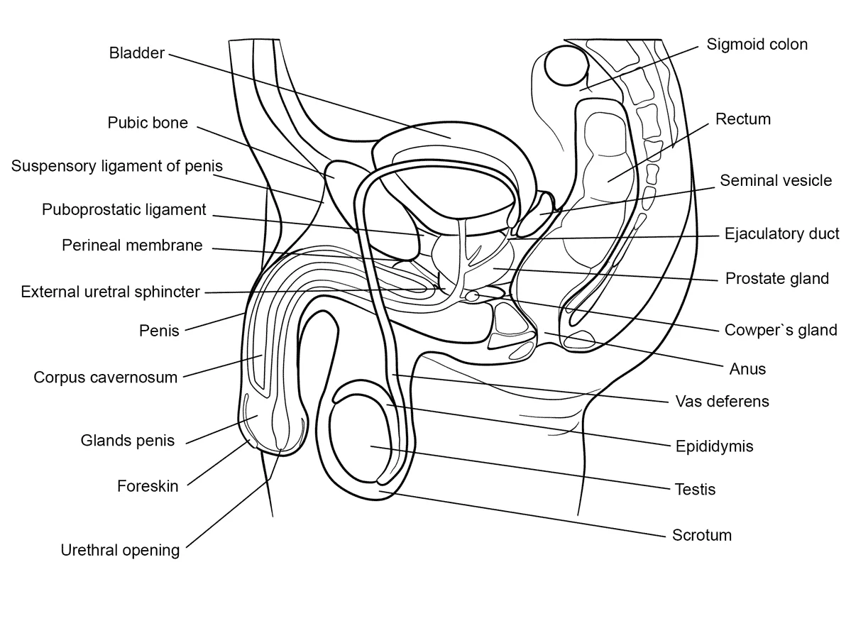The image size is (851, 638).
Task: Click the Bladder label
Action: click(x=137, y=53)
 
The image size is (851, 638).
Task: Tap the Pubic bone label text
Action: click(x=148, y=123)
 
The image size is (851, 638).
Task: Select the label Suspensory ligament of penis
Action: click(x=116, y=166)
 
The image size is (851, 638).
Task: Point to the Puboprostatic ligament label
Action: click(x=123, y=210)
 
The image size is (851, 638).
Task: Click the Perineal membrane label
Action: click(x=132, y=246)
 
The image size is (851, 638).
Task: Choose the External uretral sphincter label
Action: click(x=110, y=292)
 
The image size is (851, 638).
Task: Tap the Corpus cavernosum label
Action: click(x=105, y=378)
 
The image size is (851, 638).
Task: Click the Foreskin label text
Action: click(x=148, y=486)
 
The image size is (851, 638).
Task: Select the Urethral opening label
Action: click(x=120, y=550)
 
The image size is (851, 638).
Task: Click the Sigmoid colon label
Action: click(x=757, y=45)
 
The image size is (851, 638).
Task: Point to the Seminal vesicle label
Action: click(x=776, y=181)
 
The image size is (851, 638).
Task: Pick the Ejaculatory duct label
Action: click(x=781, y=233)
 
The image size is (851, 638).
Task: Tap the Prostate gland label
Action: click(x=777, y=279)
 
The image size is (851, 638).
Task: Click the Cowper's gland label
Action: click(x=781, y=330)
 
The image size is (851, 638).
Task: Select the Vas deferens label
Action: click(x=723, y=402)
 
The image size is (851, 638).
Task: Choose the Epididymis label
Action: click(x=714, y=446)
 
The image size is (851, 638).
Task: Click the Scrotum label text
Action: click(x=702, y=536)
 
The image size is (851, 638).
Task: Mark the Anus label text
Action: click(x=747, y=370)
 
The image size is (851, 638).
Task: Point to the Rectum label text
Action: click(x=743, y=119)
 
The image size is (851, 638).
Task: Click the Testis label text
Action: click(x=696, y=490)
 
